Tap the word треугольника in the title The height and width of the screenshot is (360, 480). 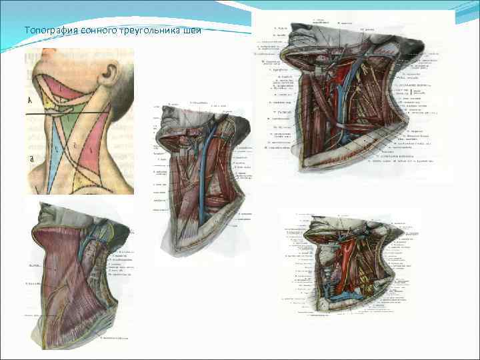click(x=148, y=29)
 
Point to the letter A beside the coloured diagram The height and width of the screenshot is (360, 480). click(x=29, y=100)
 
